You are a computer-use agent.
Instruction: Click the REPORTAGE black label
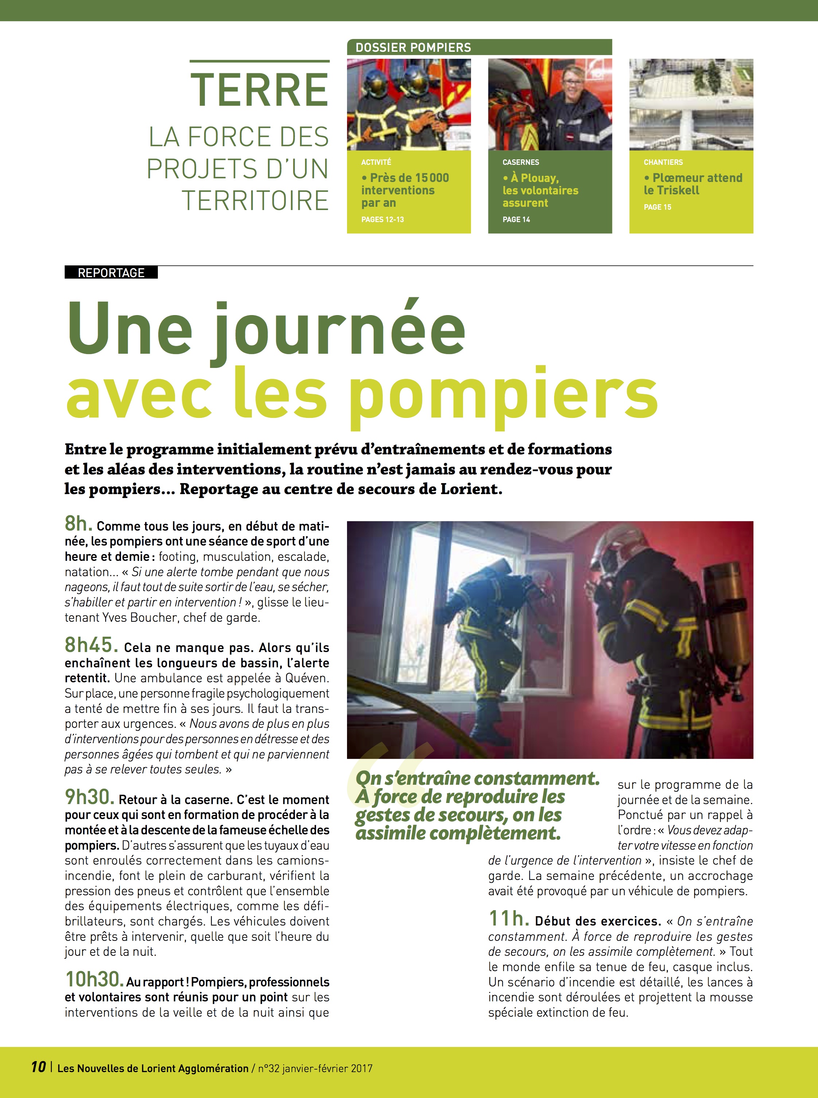coord(111,272)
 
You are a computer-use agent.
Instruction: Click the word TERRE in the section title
coord(260,90)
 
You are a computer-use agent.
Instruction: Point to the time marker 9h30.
coord(90,797)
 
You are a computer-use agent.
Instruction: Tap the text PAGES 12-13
coord(382,220)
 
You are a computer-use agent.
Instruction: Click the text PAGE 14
coord(516,220)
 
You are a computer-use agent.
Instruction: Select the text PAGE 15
coord(657,207)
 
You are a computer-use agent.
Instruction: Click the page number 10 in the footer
coord(38,1066)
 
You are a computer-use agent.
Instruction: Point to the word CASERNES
coord(521,162)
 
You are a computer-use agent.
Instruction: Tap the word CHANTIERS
coord(663,162)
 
